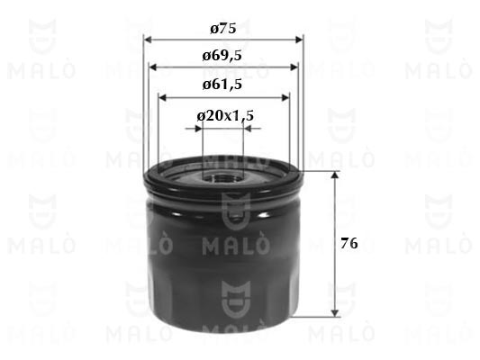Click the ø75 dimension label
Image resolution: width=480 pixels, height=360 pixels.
(x=223, y=29)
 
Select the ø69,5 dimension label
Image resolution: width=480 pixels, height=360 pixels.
(x=222, y=56)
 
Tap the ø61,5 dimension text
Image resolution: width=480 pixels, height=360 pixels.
(x=222, y=85)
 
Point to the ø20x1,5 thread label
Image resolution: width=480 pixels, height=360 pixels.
(x=225, y=116)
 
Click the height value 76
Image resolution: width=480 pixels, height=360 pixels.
(x=349, y=244)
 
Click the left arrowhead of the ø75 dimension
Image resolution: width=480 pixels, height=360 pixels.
(x=149, y=40)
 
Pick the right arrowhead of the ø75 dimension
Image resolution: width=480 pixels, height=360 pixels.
(x=299, y=40)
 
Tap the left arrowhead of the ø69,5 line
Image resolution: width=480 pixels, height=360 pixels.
(x=153, y=67)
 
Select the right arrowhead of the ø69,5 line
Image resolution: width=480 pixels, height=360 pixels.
(x=294, y=67)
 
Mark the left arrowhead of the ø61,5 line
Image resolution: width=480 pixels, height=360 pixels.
(x=162, y=98)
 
